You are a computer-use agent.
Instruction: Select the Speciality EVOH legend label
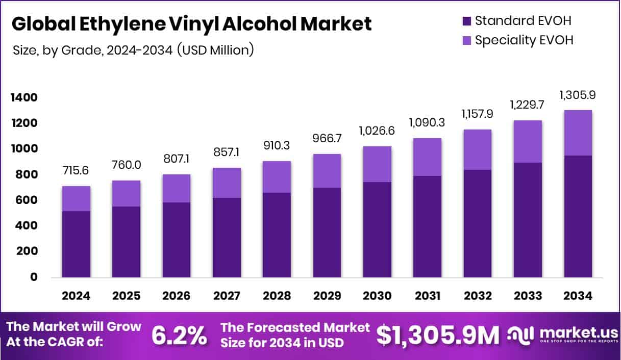click(x=524, y=40)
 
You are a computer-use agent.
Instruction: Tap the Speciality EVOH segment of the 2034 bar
click(x=578, y=133)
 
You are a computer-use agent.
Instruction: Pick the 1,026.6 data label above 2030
click(x=377, y=130)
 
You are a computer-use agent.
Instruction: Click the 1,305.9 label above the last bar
click(x=578, y=95)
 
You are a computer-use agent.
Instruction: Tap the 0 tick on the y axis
click(x=33, y=277)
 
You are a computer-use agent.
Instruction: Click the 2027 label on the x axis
click(x=227, y=296)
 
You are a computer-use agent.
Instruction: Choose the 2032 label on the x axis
click(x=477, y=296)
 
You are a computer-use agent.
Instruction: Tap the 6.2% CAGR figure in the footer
click(x=180, y=336)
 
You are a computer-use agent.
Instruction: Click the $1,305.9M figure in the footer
click(x=438, y=335)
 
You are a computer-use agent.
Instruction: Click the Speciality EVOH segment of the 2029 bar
click(x=327, y=170)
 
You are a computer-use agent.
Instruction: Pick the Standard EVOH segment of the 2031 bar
click(x=427, y=226)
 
